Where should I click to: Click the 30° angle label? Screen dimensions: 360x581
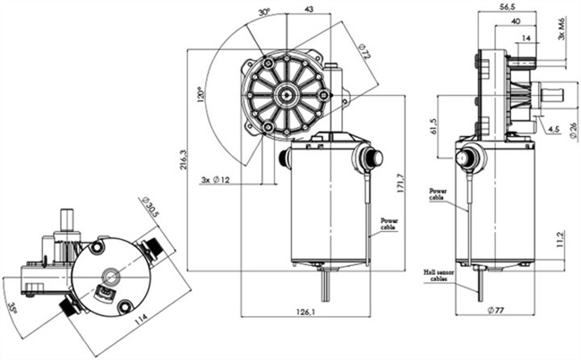[x=263, y=13]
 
